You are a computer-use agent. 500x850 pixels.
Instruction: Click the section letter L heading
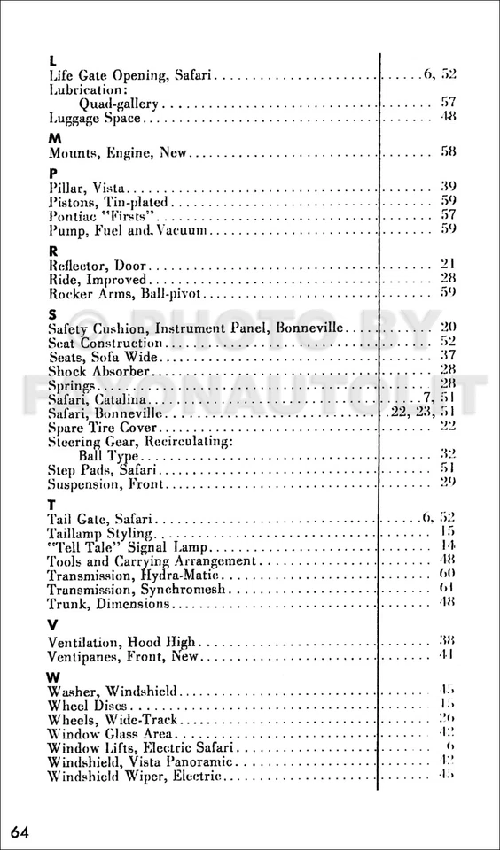52,61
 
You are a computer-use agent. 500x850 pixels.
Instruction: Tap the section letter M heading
54,137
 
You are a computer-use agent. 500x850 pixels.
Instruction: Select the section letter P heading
53,172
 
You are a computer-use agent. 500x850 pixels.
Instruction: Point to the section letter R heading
53,250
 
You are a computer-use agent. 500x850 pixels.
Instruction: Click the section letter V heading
53,625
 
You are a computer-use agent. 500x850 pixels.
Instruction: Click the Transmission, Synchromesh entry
137,590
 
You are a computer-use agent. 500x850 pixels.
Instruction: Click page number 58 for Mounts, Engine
449,152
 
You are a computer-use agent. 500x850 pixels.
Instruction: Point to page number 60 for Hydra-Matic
449,575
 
